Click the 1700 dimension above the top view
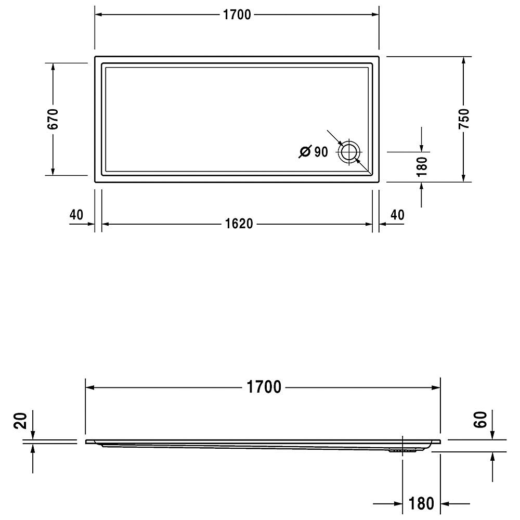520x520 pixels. [x=237, y=15]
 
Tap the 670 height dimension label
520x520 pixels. [x=53, y=119]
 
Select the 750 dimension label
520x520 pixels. [x=464, y=119]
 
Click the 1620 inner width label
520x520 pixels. [x=239, y=224]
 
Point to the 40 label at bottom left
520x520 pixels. [x=76, y=215]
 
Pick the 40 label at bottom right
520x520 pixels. [x=397, y=215]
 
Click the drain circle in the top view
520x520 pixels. [x=349, y=152]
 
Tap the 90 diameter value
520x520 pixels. [x=321, y=152]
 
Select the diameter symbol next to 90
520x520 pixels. [x=305, y=151]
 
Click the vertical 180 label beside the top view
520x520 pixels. [x=422, y=166]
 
